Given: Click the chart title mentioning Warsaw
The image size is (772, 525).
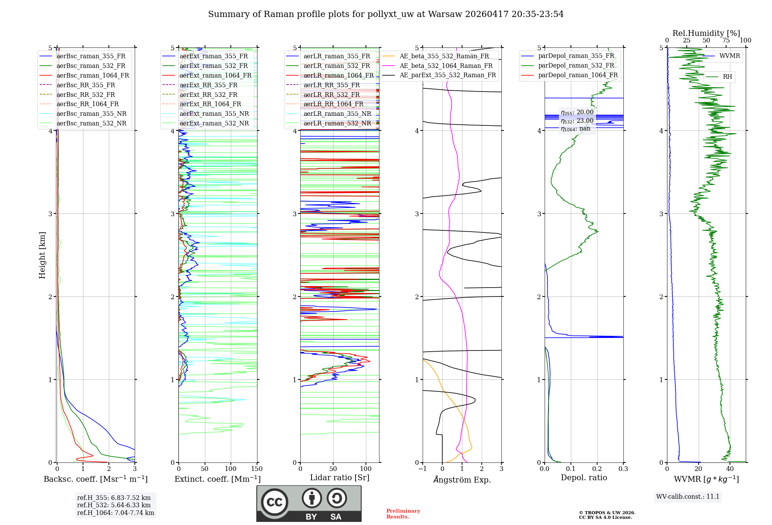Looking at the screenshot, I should coord(386,14).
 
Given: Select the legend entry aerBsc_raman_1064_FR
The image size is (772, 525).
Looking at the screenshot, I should coord(93,75).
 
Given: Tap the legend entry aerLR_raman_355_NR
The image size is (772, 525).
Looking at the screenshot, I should coord(337,113).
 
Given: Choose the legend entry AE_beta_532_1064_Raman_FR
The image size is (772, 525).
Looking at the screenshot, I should coord(446,66).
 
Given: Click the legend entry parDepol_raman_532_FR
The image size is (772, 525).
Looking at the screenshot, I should coord(576,66).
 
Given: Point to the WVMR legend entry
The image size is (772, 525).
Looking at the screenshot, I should coord(730,56).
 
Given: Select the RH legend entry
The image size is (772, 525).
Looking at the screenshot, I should coord(727,77).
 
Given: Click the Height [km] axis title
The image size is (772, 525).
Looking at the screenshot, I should coord(42,255).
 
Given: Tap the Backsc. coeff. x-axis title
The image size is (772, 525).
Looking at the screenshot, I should coord(96,479).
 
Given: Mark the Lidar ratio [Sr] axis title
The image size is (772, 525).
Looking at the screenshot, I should coord(340,478).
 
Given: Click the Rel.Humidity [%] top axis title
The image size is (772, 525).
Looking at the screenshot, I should coord(706,33).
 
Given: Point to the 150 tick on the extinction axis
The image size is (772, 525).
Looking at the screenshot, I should coord(257,469).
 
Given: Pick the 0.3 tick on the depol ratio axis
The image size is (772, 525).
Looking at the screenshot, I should coord(623,469).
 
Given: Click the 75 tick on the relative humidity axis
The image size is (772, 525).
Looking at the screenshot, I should coord(726,41).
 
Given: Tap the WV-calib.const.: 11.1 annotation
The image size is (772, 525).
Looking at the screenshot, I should coord(688,496).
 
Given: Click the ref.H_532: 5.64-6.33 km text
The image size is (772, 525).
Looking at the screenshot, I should coord(114,505).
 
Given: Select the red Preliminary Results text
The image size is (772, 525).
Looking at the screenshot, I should coord(403,514).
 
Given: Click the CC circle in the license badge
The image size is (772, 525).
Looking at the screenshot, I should coord(274,502).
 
